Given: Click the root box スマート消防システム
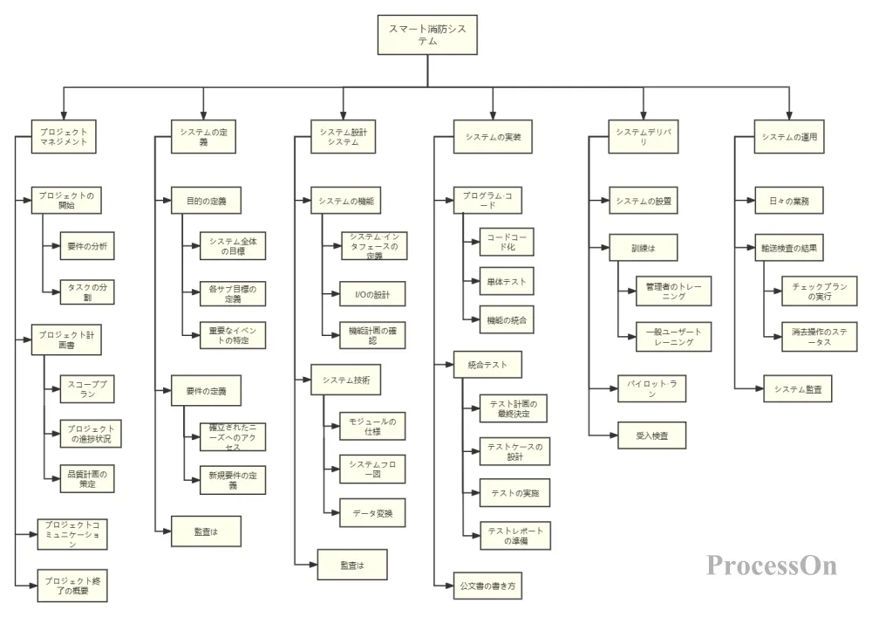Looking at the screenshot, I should click(x=427, y=35).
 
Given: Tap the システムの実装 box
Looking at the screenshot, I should click(x=494, y=136).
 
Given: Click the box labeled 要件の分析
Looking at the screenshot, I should click(x=86, y=246).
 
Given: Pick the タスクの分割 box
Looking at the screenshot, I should click(x=86, y=291).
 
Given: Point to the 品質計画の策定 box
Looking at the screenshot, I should click(x=86, y=479).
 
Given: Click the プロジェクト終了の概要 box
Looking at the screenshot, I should click(x=74, y=585).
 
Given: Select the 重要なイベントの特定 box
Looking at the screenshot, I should click(x=233, y=336).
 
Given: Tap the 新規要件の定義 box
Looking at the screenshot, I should click(x=233, y=480).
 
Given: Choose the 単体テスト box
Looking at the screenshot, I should click(x=507, y=282).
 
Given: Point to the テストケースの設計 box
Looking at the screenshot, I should click(x=514, y=451).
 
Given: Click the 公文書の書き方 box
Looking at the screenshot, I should click(x=489, y=585).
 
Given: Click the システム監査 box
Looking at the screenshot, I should click(x=797, y=389).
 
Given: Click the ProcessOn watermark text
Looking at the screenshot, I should click(x=772, y=566).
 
